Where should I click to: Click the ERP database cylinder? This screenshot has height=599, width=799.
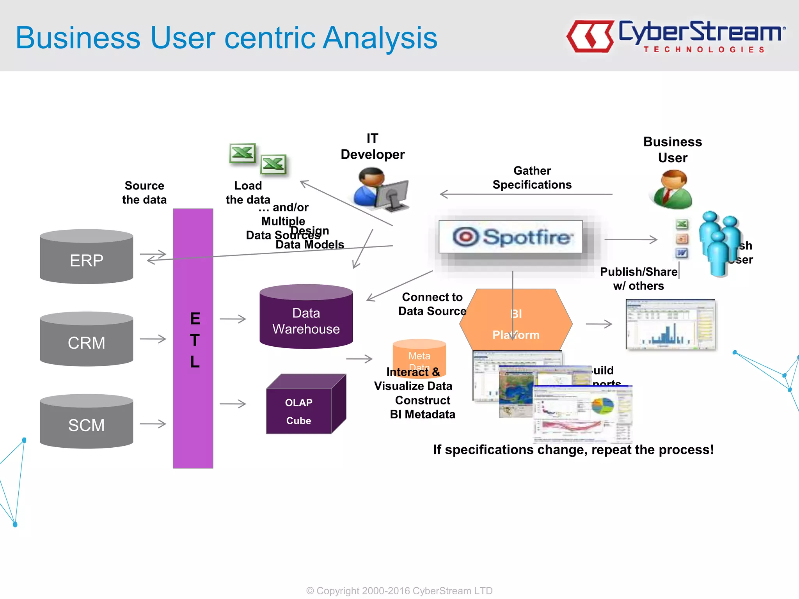click(x=86, y=257)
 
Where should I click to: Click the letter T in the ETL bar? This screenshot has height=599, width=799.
click(x=195, y=340)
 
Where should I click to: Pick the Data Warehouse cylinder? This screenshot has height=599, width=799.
click(x=306, y=318)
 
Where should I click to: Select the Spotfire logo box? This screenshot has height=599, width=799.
click(x=511, y=237)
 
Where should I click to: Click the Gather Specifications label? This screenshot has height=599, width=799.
click(x=532, y=178)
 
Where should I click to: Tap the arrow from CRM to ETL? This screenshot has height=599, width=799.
click(x=153, y=339)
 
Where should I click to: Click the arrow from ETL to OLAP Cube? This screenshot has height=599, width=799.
click(x=233, y=404)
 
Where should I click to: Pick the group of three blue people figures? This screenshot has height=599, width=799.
click(x=719, y=244)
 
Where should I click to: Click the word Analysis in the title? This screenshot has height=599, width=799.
click(x=380, y=38)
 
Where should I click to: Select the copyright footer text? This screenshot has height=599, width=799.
click(x=399, y=590)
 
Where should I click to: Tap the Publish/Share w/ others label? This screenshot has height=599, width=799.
click(x=638, y=279)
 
